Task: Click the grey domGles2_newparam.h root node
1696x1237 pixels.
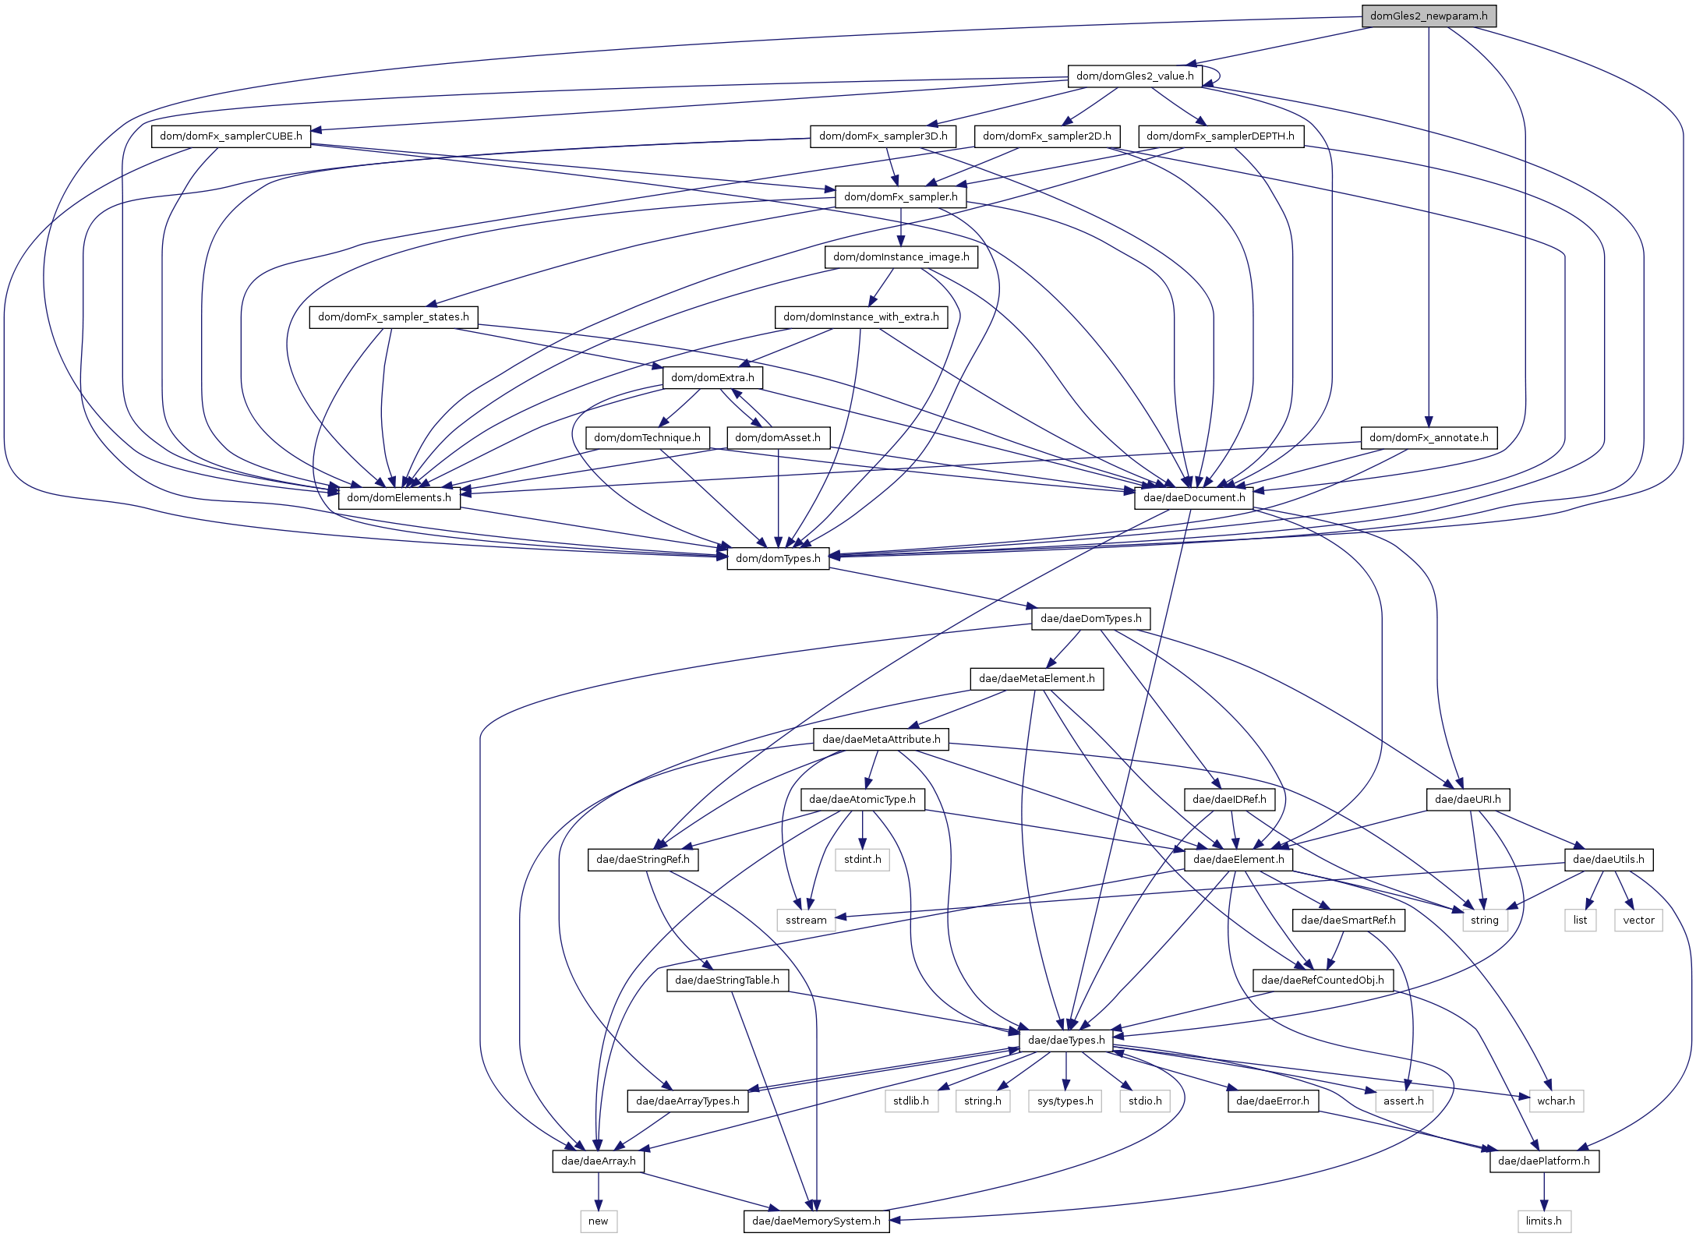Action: coord(1428,16)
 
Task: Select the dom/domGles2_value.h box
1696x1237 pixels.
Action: coord(1134,76)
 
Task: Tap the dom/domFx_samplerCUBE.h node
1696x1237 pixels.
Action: coord(231,136)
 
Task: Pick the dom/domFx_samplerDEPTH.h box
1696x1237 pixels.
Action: coord(1220,136)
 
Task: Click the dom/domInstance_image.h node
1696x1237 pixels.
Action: coord(900,256)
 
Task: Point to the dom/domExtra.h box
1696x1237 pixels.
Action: coord(712,377)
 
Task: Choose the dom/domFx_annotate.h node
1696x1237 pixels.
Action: coord(1428,437)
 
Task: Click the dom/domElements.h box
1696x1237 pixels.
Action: coord(398,497)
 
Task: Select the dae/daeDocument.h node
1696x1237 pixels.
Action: coord(1193,497)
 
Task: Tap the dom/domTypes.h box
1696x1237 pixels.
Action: coord(777,558)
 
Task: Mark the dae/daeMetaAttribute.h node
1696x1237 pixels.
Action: coord(881,739)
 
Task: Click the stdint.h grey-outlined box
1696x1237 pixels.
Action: coord(862,859)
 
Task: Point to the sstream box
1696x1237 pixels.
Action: coord(806,920)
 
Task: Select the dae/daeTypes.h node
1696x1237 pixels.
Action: coord(1065,1040)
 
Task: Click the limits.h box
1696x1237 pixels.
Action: coord(1543,1221)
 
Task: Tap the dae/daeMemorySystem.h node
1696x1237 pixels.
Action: coord(816,1221)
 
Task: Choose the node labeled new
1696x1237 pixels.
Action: coord(598,1221)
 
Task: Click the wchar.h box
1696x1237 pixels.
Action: coord(1556,1101)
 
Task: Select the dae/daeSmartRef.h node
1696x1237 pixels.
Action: coord(1348,920)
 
